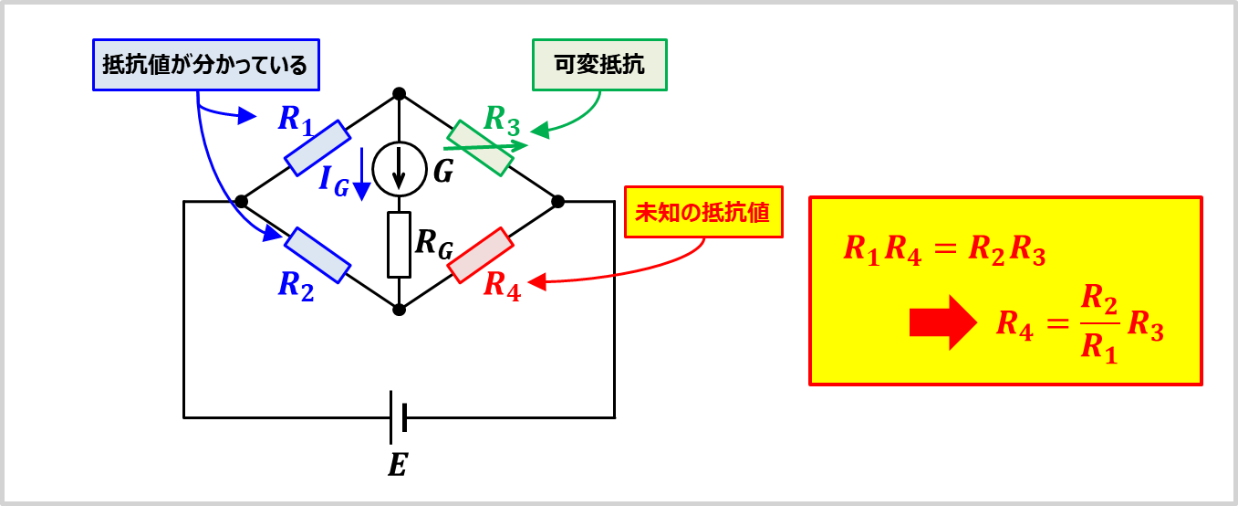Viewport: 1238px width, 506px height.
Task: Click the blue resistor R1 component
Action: tap(317, 148)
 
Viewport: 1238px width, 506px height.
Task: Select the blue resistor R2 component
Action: tap(317, 256)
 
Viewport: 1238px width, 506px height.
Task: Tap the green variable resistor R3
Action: tap(479, 148)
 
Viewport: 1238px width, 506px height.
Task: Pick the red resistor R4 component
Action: tap(479, 256)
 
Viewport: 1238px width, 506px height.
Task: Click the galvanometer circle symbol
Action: tap(400, 170)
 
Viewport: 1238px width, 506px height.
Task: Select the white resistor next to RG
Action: tap(400, 244)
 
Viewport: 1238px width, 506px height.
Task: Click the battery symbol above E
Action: tap(398, 417)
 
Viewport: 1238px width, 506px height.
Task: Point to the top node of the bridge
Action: tap(399, 93)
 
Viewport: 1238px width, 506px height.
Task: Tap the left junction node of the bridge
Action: tap(241, 201)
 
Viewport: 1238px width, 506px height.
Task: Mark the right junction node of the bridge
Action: tap(558, 201)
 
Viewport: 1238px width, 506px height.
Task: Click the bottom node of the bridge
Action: tap(399, 310)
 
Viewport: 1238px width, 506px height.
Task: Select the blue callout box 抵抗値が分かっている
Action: tap(205, 65)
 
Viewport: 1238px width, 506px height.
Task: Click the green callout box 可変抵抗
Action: tap(599, 66)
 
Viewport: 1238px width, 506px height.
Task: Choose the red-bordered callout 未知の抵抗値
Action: tap(703, 212)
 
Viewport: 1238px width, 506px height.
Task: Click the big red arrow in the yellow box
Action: tap(942, 322)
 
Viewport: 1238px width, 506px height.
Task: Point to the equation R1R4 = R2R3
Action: tap(943, 249)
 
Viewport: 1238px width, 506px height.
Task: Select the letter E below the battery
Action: tap(397, 466)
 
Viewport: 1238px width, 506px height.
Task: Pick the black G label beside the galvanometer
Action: tap(443, 171)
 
